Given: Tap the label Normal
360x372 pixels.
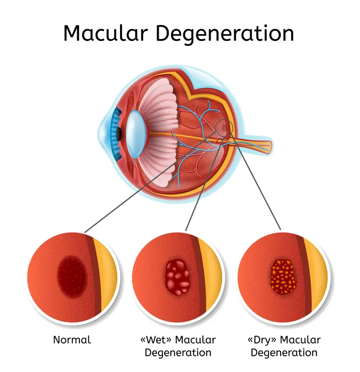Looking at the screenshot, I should pos(72,340).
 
